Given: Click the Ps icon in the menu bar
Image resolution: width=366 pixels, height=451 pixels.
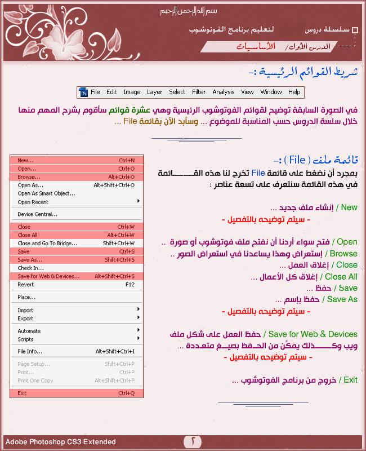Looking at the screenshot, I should pyautogui.click(x=83, y=92).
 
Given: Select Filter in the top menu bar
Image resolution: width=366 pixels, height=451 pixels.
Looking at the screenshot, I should pyautogui.click(x=199, y=92).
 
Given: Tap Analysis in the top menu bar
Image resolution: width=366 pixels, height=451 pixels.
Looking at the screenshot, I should pyautogui.click(x=224, y=92).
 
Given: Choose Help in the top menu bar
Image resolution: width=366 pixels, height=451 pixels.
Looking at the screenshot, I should pyautogui.click(x=294, y=92).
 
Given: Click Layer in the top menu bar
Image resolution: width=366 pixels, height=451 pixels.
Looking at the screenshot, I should pyautogui.click(x=154, y=92).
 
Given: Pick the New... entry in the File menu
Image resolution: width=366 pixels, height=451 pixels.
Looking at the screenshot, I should pyautogui.click(x=25, y=160).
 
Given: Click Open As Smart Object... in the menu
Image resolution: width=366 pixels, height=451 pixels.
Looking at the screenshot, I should pyautogui.click(x=46, y=193).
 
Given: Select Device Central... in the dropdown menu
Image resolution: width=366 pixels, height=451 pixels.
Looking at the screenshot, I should pyautogui.click(x=37, y=214).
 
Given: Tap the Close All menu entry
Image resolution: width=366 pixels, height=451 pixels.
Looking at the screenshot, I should pyautogui.click(x=28, y=235).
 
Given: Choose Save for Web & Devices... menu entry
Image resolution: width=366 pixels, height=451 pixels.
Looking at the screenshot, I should pyautogui.click(x=48, y=276).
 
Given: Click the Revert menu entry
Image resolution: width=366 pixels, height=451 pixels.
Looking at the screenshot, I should pyautogui.click(x=25, y=285).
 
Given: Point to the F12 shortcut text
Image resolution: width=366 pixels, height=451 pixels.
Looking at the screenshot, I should pyautogui.click(x=130, y=285).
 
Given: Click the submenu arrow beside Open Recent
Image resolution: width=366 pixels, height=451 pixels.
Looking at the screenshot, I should pyautogui.click(x=138, y=201).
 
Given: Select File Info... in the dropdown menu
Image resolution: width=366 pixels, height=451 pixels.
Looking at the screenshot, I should pyautogui.click(x=30, y=352).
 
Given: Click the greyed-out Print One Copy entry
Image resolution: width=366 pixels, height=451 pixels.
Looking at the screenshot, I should pyautogui.click(x=35, y=381).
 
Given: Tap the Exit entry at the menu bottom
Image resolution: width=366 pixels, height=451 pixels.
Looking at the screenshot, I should pyautogui.click(x=22, y=393).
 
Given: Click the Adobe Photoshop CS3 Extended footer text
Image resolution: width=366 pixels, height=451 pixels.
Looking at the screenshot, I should pyautogui.click(x=61, y=442).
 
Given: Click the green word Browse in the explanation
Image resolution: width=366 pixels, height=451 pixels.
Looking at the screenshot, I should pyautogui.click(x=344, y=254).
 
